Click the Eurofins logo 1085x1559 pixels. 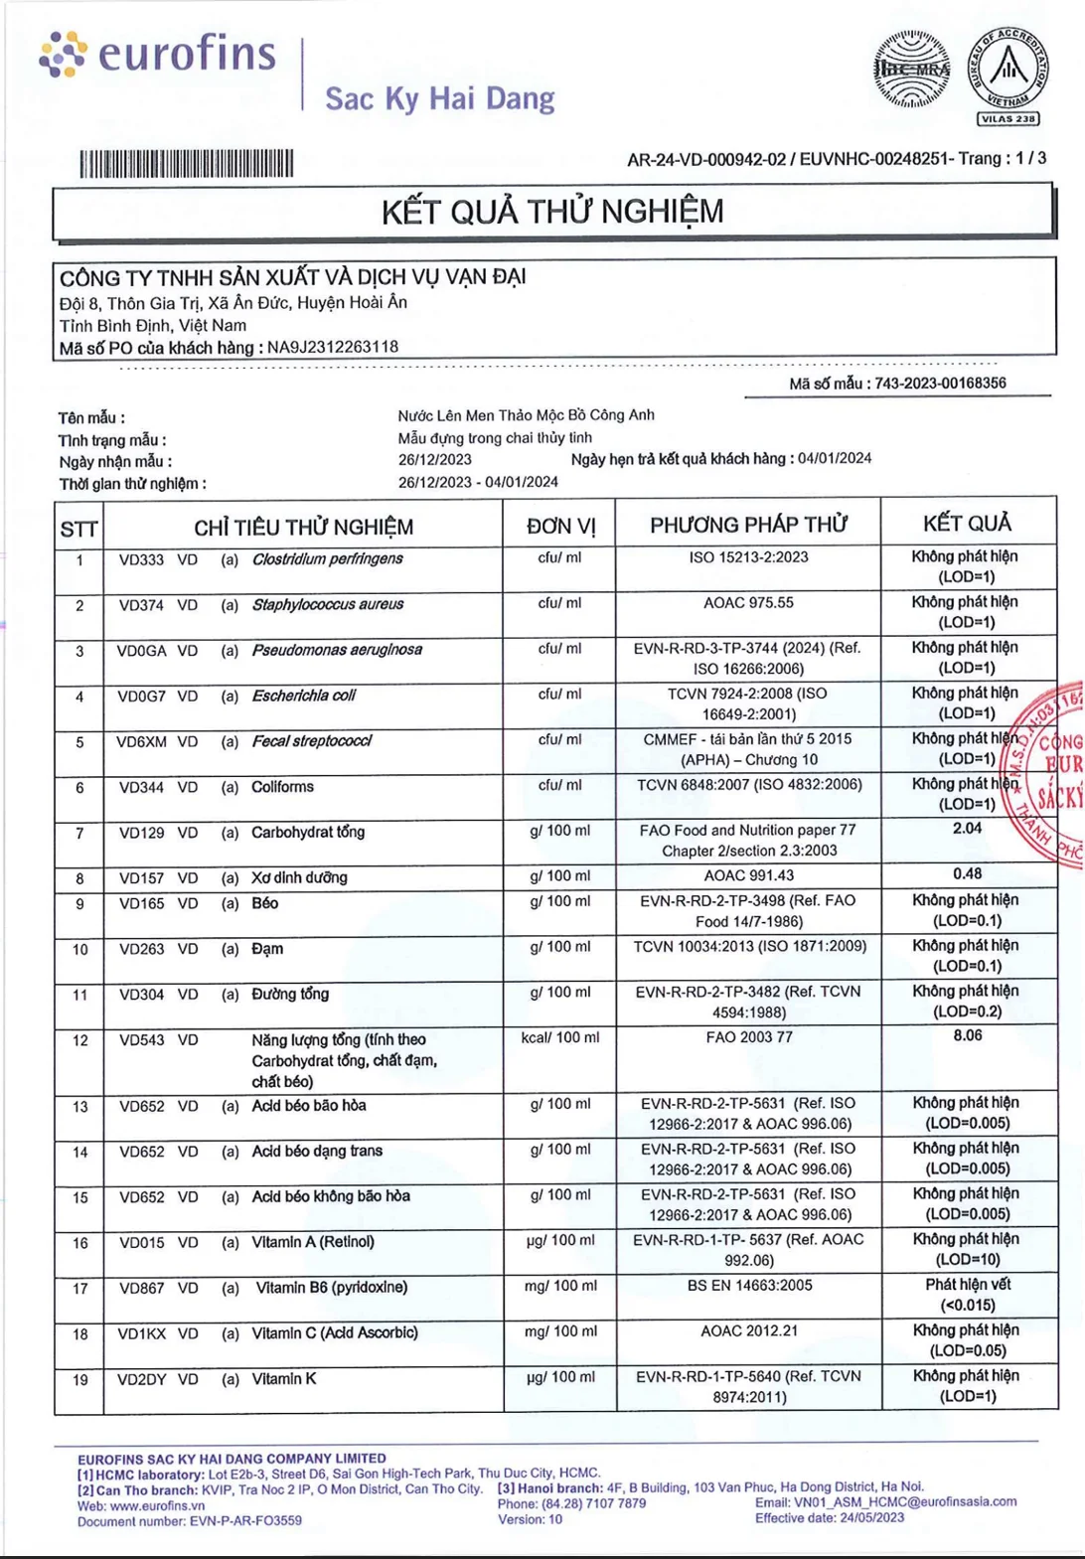click(157, 54)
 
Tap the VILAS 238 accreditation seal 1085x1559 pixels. click(1007, 76)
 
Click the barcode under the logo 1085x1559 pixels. click(187, 163)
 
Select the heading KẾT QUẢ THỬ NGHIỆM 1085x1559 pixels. click(552, 212)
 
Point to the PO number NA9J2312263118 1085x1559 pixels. click(333, 348)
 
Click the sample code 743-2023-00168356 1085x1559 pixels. click(940, 384)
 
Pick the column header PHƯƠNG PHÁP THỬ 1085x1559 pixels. click(748, 525)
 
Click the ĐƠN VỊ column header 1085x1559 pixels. click(560, 526)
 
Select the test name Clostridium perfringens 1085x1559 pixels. click(327, 559)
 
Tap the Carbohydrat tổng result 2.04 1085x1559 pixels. click(967, 829)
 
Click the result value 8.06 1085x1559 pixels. click(967, 1035)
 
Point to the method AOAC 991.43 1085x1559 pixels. click(748, 875)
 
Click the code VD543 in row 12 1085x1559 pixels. click(141, 1040)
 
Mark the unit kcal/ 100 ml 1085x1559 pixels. click(560, 1037)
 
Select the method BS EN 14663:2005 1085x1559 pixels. click(749, 1286)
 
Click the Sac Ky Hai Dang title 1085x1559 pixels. click(439, 99)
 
